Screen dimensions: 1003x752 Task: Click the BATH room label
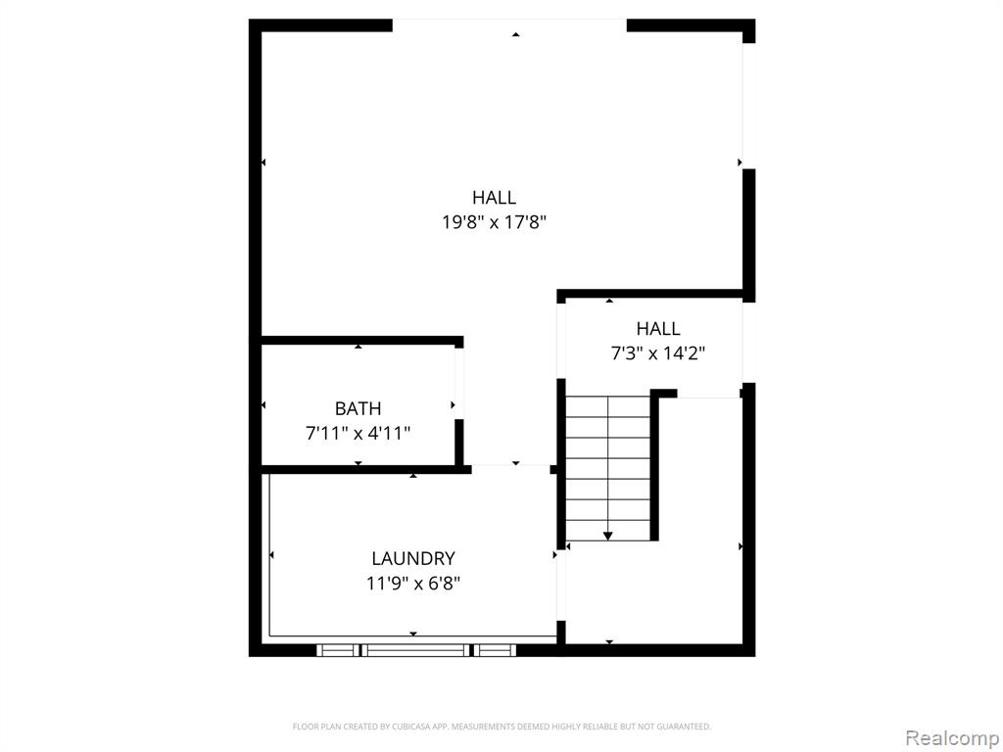[x=358, y=408]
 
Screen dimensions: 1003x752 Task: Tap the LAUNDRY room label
[x=413, y=558]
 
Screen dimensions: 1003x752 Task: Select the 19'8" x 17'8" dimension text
[x=494, y=222]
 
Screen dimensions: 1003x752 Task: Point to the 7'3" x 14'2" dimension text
[x=657, y=352]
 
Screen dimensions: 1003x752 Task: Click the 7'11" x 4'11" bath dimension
[x=358, y=434]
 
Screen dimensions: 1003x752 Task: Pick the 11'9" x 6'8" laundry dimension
[x=413, y=584]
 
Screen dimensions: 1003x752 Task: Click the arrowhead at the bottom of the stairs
[x=607, y=536]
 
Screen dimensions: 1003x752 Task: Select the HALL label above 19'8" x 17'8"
[x=494, y=197]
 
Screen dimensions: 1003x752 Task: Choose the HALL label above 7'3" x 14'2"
[x=657, y=329]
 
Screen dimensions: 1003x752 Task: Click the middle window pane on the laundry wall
[x=416, y=650]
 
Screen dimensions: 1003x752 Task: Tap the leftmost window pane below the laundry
[x=338, y=650]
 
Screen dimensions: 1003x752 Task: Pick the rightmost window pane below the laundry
[x=495, y=650]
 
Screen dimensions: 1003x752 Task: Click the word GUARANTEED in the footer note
[x=690, y=727]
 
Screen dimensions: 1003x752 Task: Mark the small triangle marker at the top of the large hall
[x=515, y=34]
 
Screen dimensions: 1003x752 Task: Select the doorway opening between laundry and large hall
[x=510, y=469]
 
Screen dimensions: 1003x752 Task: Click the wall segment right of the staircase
[x=654, y=465]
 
